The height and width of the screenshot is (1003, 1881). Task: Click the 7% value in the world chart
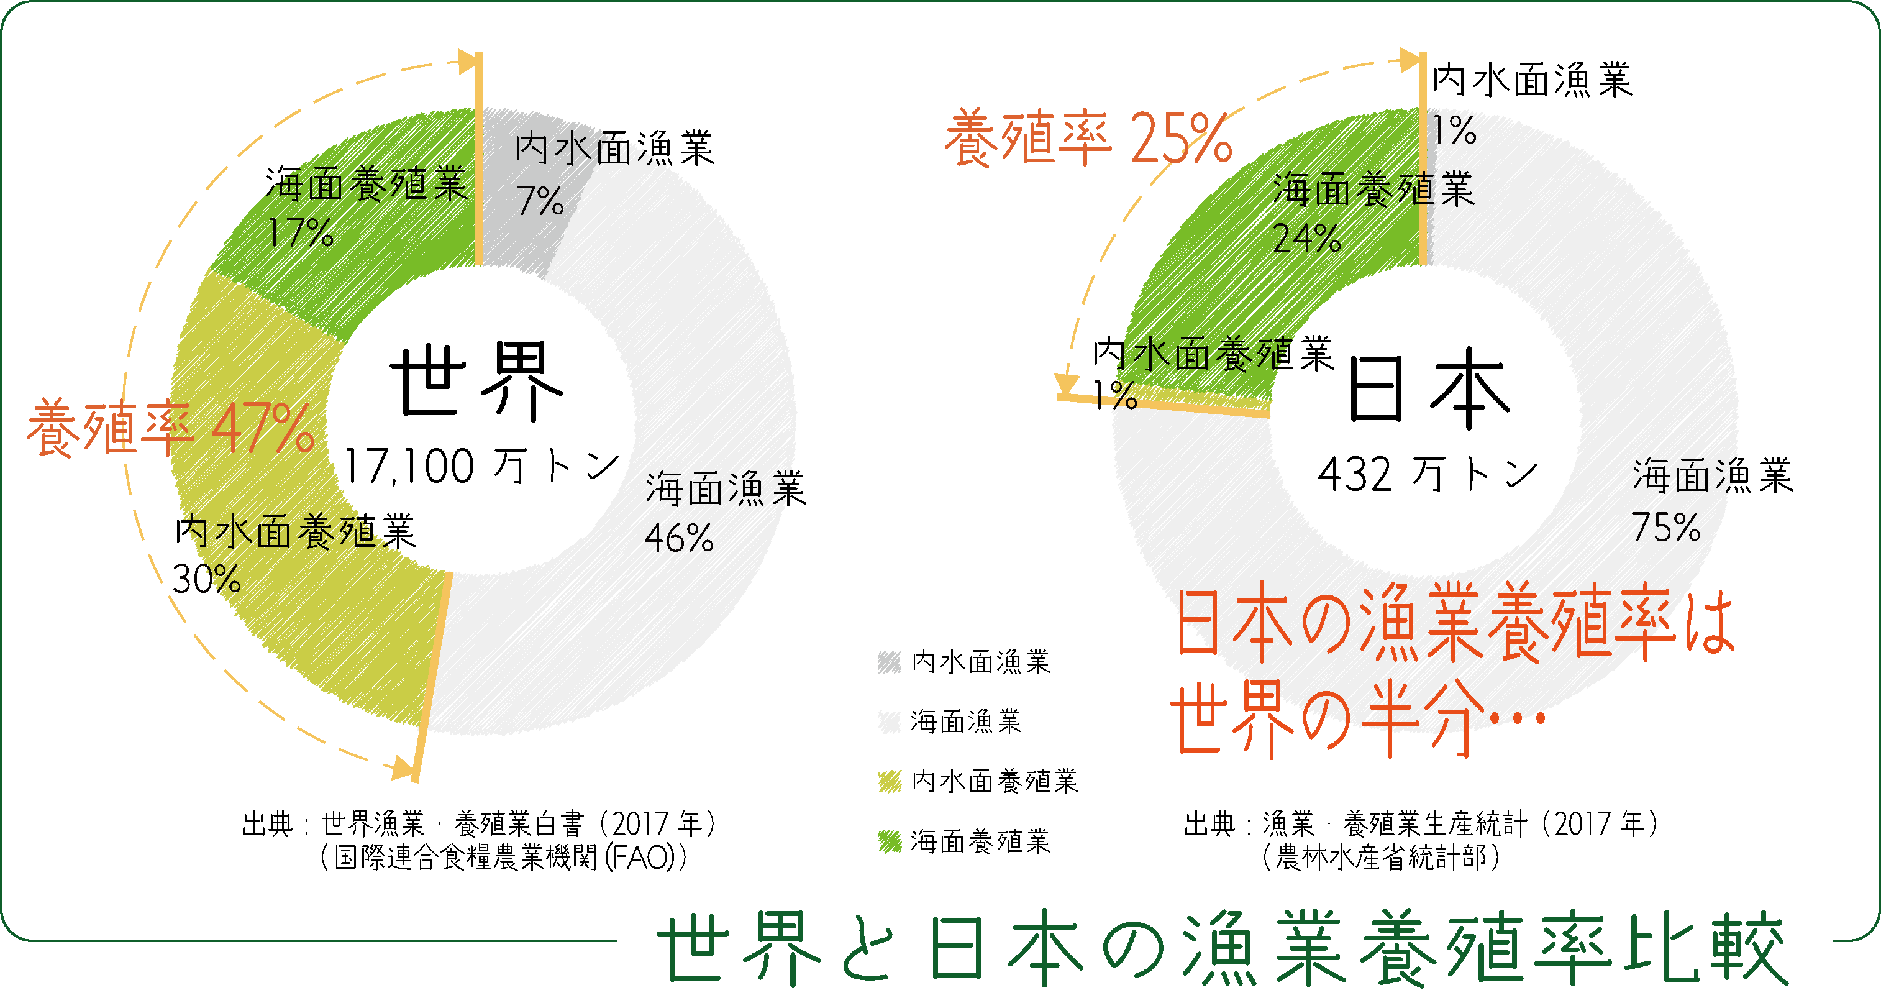(x=540, y=200)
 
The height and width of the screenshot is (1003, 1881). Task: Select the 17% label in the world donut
(x=300, y=232)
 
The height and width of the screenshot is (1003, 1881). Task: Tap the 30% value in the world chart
(x=207, y=579)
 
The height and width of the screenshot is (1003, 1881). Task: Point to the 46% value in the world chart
(x=678, y=538)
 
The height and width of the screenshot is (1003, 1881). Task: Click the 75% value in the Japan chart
(x=1666, y=527)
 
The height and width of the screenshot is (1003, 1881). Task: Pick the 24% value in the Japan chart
(x=1306, y=237)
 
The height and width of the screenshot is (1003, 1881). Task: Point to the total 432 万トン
(x=1428, y=474)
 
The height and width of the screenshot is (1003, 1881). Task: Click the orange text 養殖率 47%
(x=171, y=428)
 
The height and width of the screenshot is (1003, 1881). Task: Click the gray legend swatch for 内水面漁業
(x=890, y=662)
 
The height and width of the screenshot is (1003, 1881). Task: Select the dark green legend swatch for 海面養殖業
(x=890, y=841)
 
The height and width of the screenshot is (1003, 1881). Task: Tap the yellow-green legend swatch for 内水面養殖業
(x=890, y=782)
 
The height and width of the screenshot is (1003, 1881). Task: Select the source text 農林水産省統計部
(x=1381, y=857)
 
